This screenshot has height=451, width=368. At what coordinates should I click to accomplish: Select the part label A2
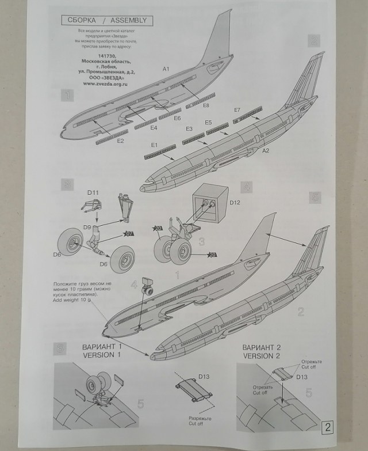[x=266, y=151]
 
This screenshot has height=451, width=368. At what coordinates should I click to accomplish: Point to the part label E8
[x=205, y=106]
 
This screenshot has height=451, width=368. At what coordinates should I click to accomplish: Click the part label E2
[x=121, y=141]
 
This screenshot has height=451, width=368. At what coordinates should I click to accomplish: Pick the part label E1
[x=154, y=146]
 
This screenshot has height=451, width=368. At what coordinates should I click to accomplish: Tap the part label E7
[x=237, y=109]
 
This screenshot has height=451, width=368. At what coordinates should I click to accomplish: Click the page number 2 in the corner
[x=327, y=428]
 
